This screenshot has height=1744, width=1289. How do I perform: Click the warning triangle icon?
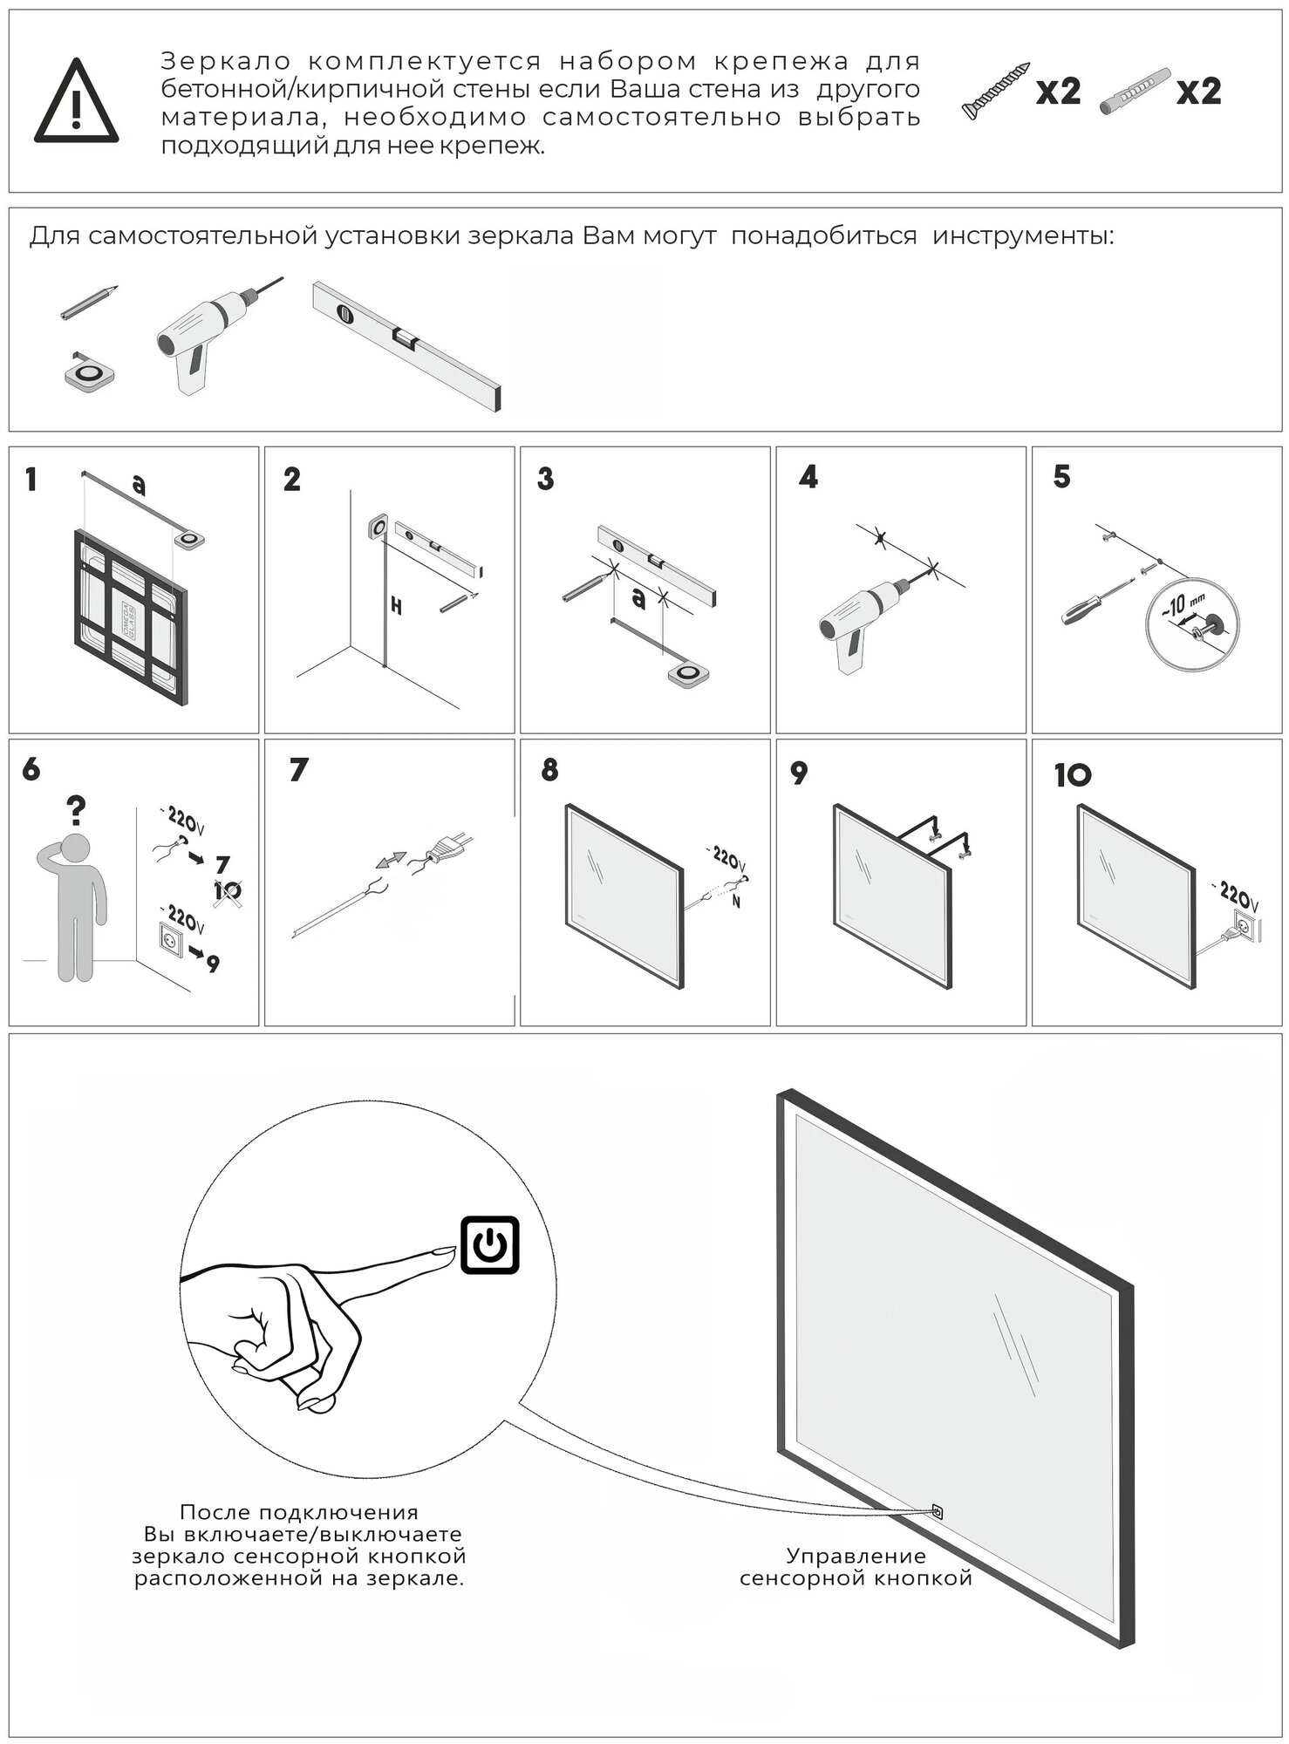(76, 103)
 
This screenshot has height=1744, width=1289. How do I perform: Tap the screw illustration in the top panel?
(995, 91)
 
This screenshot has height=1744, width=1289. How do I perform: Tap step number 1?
(31, 480)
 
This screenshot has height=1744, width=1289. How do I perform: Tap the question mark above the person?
(78, 812)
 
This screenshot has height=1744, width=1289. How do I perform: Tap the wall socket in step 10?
(1245, 927)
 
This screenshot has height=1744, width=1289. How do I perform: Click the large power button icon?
(489, 1245)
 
